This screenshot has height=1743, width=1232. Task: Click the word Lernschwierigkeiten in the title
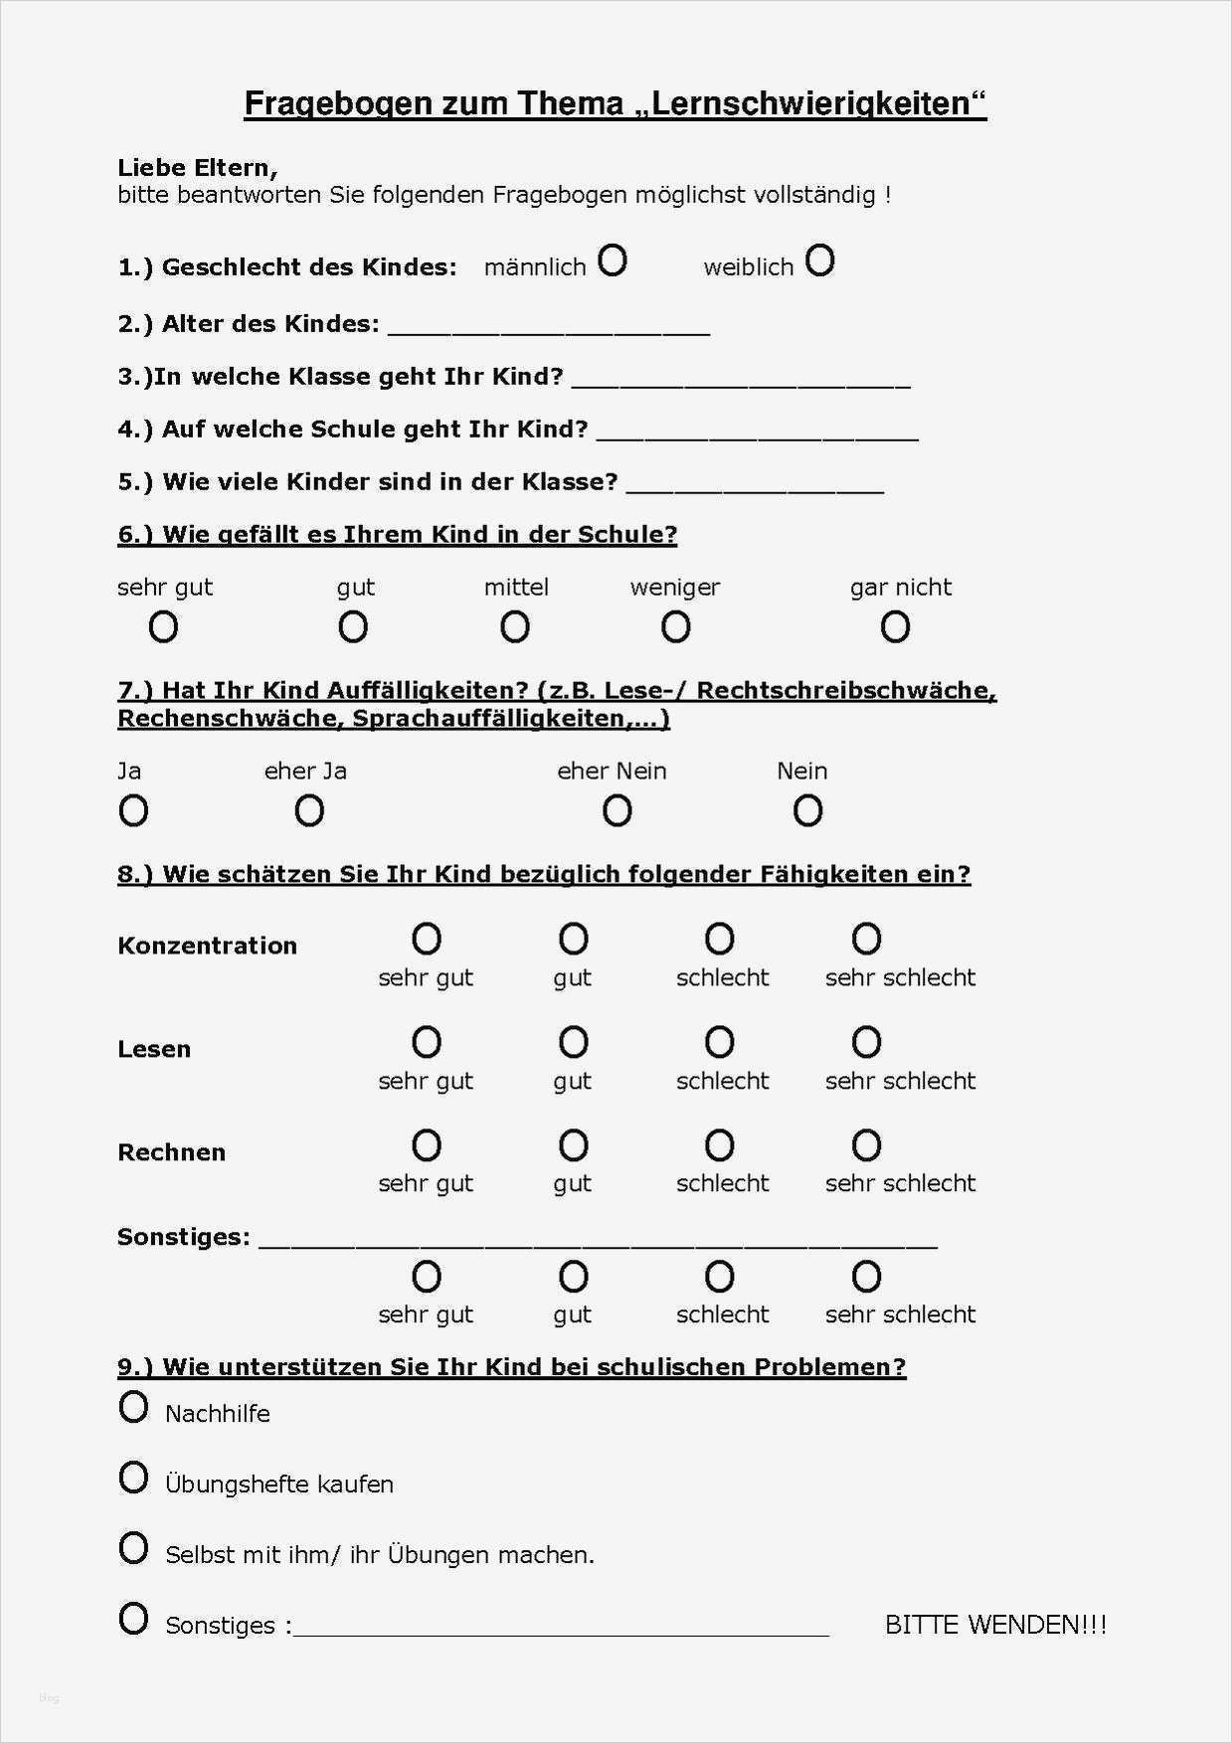coord(811,103)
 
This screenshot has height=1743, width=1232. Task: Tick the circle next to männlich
coord(613,261)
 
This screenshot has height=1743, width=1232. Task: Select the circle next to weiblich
coord(820,261)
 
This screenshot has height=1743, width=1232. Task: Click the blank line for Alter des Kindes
coord(548,328)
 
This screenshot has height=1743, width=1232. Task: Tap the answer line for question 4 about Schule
coord(757,433)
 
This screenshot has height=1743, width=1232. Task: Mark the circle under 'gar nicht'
coord(895,627)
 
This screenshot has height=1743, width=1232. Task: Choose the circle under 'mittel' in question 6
coord(514,627)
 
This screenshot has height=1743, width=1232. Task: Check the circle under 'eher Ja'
coord(309,811)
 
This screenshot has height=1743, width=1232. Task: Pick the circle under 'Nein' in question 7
coord(807,811)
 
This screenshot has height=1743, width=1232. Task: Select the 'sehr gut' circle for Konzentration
coord(427,939)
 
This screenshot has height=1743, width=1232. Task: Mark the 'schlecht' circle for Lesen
coord(719,1042)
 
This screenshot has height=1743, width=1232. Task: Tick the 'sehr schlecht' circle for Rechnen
coord(866,1145)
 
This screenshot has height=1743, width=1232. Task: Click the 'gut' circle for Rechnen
coord(573,1145)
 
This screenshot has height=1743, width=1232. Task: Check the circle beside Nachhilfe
coord(133,1407)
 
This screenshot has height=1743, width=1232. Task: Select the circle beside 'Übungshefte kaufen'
coord(133,1478)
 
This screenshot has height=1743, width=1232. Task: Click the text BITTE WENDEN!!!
coord(995,1625)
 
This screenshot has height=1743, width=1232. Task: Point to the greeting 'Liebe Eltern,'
coord(197,167)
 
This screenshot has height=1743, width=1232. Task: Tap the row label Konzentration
coord(207,946)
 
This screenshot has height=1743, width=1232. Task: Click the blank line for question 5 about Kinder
coord(755,485)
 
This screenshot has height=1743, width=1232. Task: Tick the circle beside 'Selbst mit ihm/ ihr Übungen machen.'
coord(133,1548)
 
